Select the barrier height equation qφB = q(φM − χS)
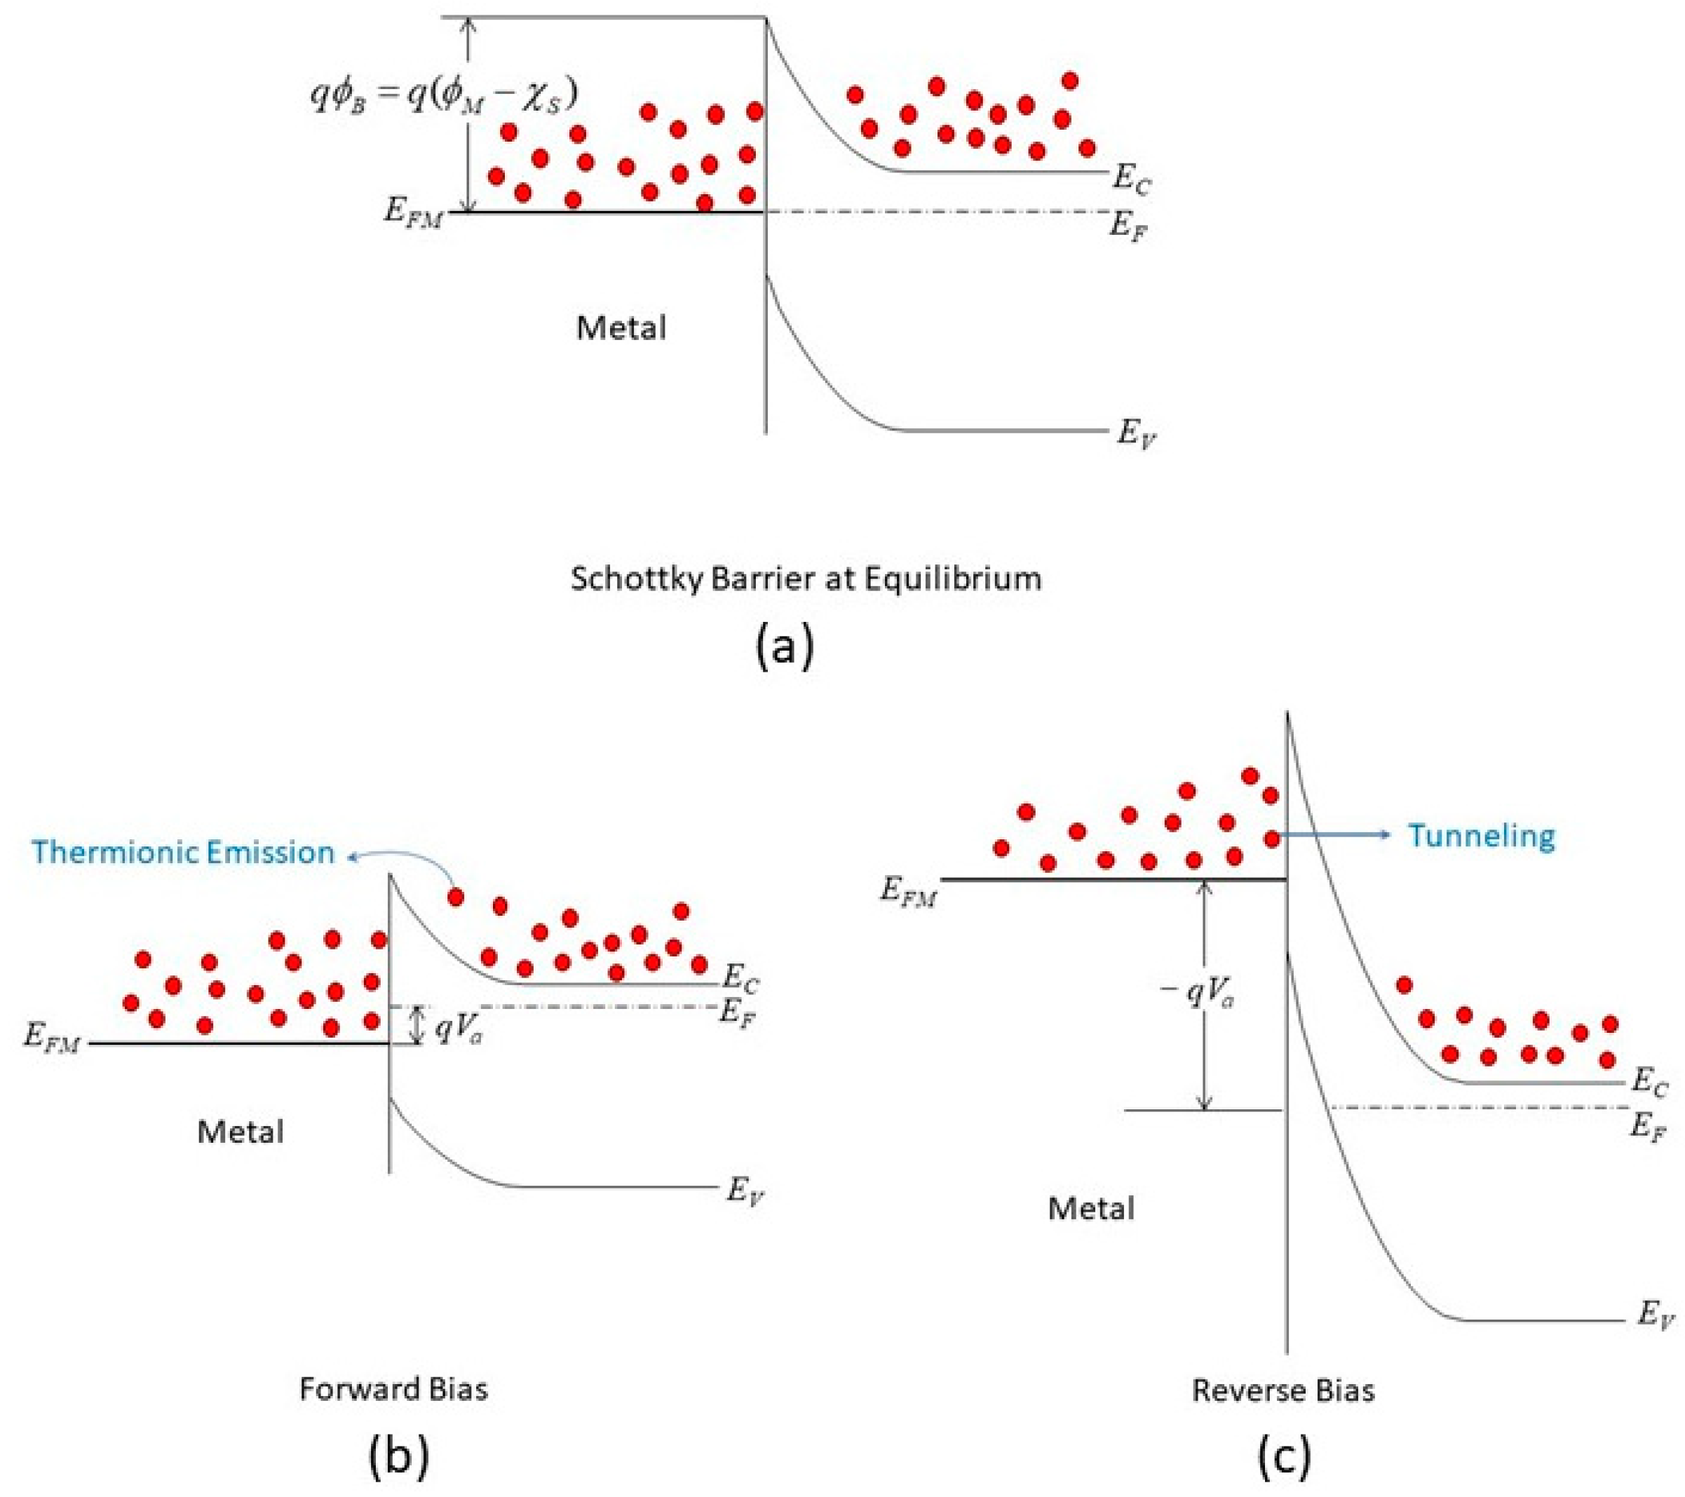tap(443, 95)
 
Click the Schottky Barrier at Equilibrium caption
tap(806, 578)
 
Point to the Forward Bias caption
tap(393, 1389)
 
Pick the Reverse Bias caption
tap(1283, 1390)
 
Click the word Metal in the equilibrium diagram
tap(621, 328)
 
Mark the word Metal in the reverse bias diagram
tap(1090, 1209)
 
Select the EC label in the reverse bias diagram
tap(1649, 1083)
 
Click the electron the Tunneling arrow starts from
tap(1272, 839)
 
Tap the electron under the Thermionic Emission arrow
tap(455, 897)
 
